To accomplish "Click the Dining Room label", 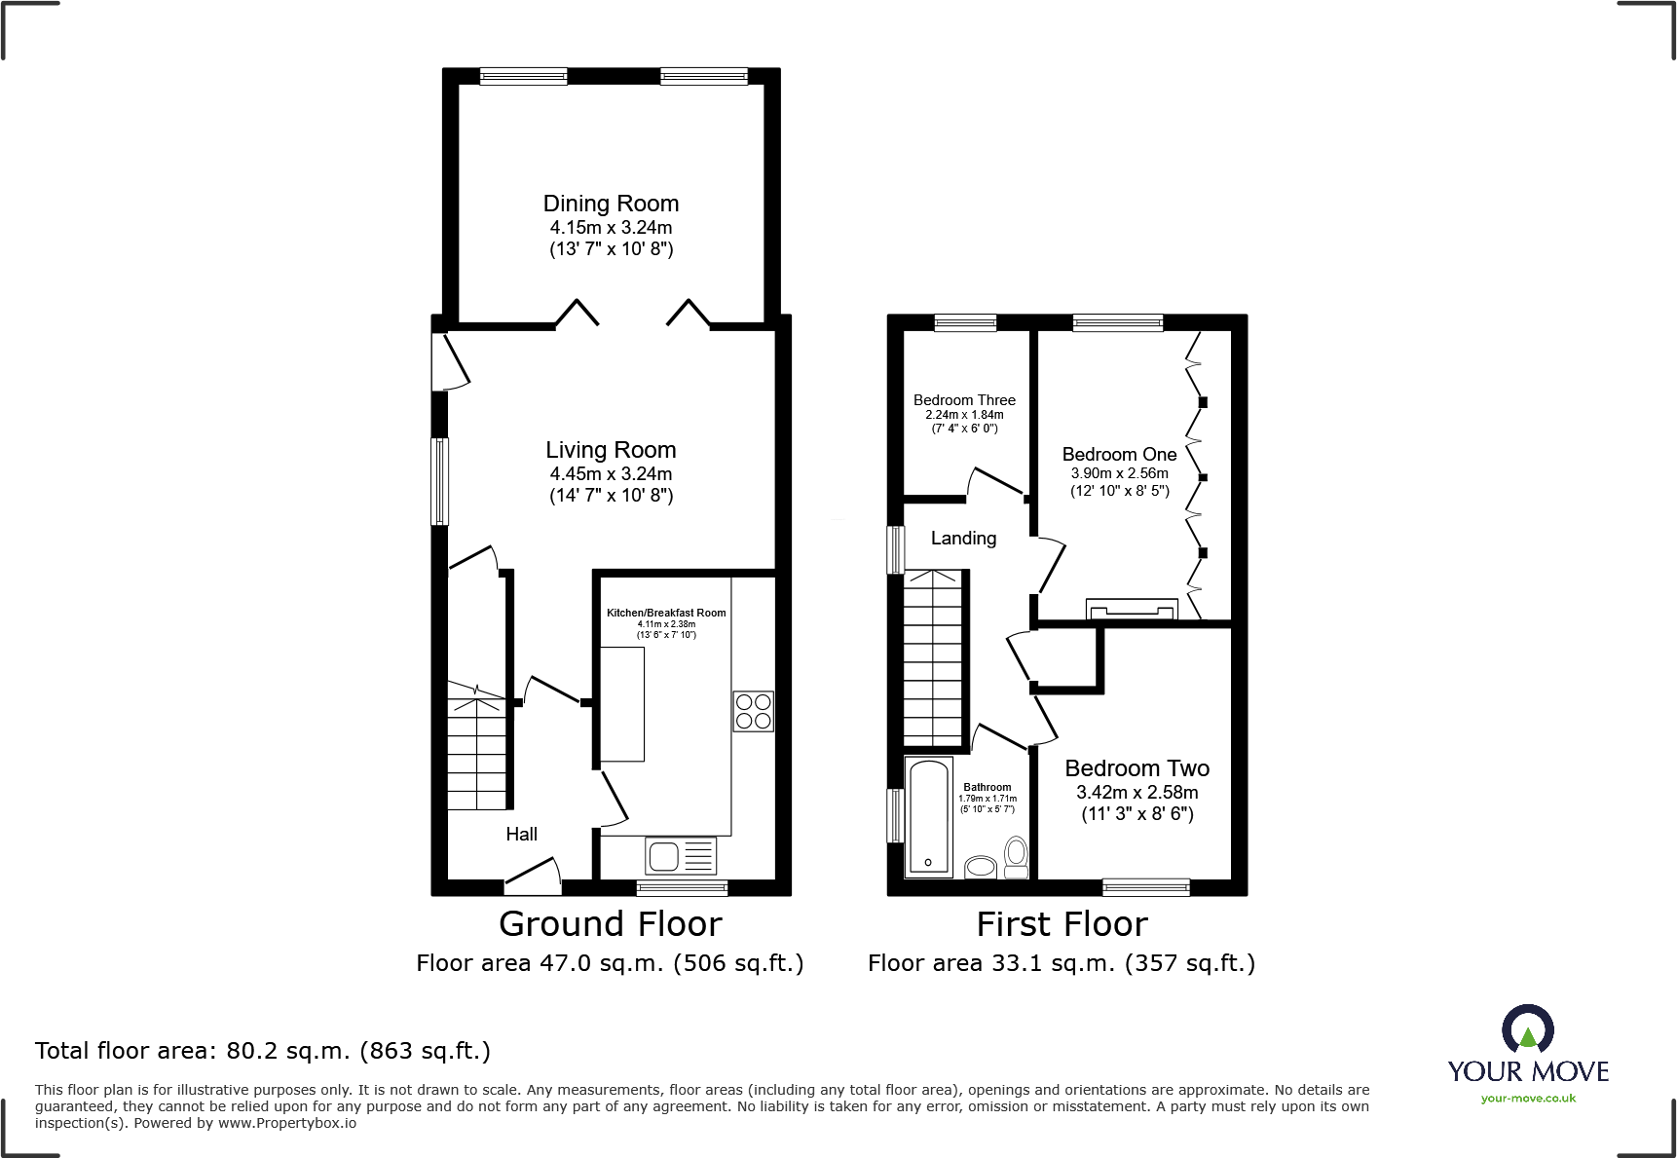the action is [x=611, y=204].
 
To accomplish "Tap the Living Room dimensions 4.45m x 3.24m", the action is [x=611, y=473].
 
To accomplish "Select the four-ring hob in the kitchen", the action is [x=753, y=711].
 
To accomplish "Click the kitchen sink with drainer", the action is [x=681, y=856].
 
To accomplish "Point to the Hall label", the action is [x=521, y=834].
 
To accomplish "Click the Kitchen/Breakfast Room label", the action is [x=666, y=613].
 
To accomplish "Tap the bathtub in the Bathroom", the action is [x=928, y=817].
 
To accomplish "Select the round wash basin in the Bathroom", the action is [x=981, y=867].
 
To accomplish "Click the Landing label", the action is [x=963, y=539].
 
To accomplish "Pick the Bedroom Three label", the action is [x=964, y=400].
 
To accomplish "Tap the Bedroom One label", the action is [x=1119, y=455].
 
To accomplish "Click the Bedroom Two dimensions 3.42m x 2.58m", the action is [x=1137, y=793].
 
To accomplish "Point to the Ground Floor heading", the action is [x=611, y=923].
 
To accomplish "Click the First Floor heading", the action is [x=1062, y=923].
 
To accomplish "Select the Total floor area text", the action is [x=263, y=1051].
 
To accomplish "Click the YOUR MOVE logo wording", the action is [x=1528, y=1071].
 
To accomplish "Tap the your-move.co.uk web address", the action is [x=1528, y=1099].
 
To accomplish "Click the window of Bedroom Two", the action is [x=1145, y=886].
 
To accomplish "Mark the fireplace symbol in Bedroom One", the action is [x=1132, y=609].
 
